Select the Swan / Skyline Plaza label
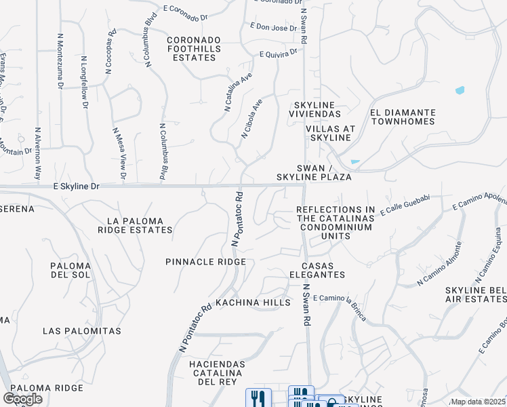click(314, 172)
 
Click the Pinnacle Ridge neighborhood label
click(205, 261)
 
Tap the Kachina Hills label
click(253, 302)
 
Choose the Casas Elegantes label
click(317, 270)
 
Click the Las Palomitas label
click(81, 331)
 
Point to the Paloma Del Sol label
click(70, 270)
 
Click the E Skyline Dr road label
click(76, 185)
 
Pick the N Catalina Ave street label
click(237, 92)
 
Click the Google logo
click(23, 399)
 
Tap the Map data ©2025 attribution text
click(477, 402)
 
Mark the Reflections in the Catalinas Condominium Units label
click(336, 222)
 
